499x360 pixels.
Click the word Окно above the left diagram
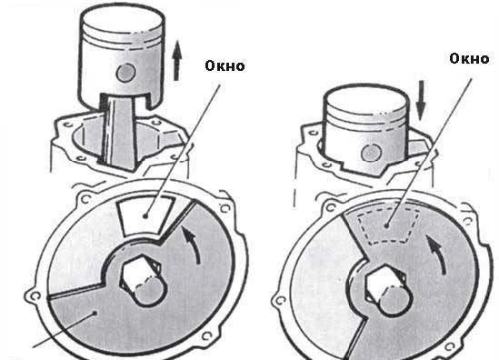pos(225,65)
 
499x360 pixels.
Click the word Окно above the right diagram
pos(469,58)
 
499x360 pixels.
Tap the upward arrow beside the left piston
pos(177,60)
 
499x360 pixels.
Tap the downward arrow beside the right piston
pos(421,100)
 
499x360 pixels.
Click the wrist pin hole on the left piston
pos(126,73)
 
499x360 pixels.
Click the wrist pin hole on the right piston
pos(372,153)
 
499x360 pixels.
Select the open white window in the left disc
pos(145,215)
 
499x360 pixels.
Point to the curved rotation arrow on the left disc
pos(193,245)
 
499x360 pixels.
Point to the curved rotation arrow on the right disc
pos(437,255)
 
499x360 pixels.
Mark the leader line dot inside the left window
pos(145,216)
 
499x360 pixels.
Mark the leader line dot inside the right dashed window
pos(386,225)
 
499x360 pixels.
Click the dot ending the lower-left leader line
pos(95,313)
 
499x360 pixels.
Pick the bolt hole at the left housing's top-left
pos(85,199)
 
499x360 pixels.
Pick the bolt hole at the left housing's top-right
pos(225,208)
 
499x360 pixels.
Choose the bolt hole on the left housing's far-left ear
pos(35,296)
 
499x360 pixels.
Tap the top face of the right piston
pos(365,98)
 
